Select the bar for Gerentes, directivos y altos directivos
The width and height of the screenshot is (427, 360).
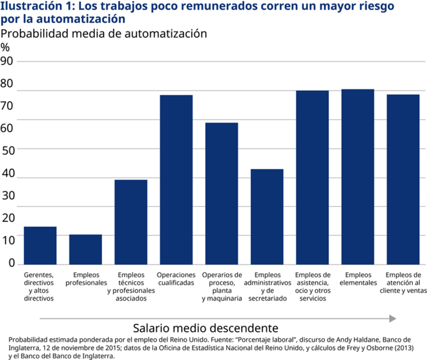coord(40,245)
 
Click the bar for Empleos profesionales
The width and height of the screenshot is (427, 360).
coord(86,249)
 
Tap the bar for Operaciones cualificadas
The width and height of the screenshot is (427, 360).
coord(176,179)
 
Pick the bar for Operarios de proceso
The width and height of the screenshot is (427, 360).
coord(221,193)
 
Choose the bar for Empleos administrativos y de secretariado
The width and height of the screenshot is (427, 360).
coord(267,217)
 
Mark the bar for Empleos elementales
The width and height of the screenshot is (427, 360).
coord(357,176)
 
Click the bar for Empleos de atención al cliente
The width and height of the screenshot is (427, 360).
coord(403,179)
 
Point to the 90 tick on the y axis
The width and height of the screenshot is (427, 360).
coord(7,61)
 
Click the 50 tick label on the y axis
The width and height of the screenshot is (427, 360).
coord(7,148)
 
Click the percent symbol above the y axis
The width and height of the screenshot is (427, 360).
coord(5,47)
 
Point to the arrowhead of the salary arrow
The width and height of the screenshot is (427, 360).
coord(393,318)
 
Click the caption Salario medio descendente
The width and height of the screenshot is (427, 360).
coord(205,328)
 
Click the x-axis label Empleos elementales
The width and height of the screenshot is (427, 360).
coord(357,279)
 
